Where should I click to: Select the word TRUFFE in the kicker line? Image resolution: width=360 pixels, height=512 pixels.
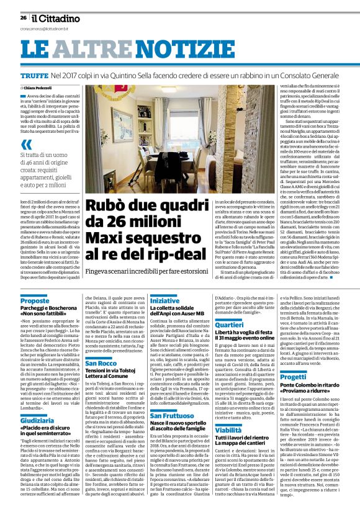pos(34,74)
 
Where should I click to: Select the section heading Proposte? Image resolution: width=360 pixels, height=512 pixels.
pos(35,300)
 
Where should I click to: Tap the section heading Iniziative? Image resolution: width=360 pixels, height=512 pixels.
pos(164,300)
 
